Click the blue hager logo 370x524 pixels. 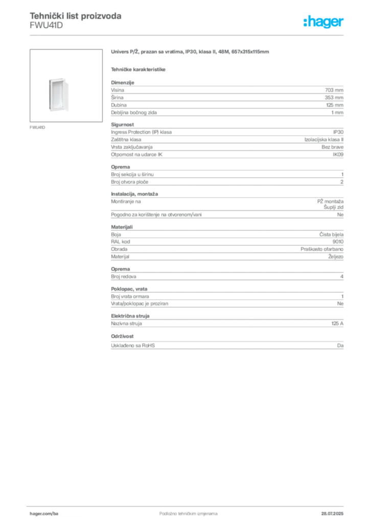[x=324, y=23]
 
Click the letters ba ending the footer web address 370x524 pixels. [x=57, y=513]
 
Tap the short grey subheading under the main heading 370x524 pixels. [x=139, y=69]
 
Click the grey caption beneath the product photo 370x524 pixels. [x=39, y=127]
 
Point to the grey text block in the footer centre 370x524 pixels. [x=184, y=512]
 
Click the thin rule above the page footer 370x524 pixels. [x=188, y=505]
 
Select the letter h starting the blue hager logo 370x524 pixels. [x=306, y=22]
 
